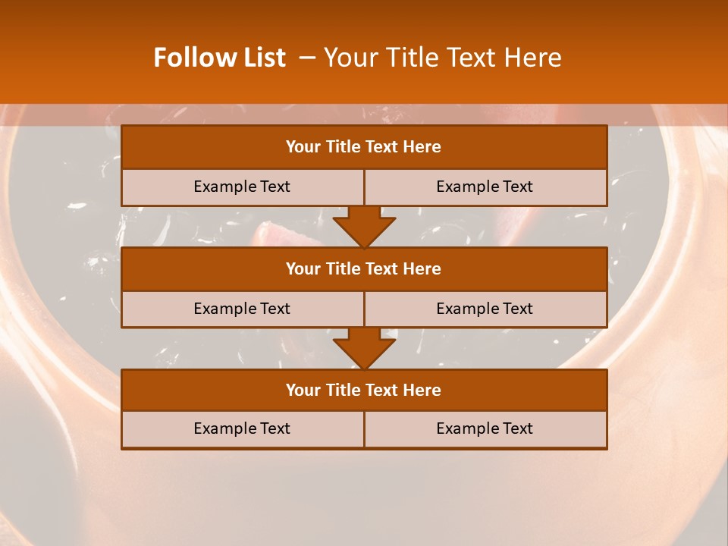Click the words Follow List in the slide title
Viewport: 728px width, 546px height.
pos(220,58)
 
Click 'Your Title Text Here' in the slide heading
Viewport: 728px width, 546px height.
pos(443,58)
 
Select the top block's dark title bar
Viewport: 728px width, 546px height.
pos(364,147)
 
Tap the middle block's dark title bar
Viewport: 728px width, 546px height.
pos(364,268)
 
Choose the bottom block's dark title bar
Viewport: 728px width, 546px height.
pos(364,390)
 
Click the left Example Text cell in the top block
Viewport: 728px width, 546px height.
pos(242,187)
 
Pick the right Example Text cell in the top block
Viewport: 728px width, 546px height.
pos(485,187)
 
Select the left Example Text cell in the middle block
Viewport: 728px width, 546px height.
pos(242,309)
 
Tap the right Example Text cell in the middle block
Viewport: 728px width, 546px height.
pos(485,309)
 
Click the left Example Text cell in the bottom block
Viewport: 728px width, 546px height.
pos(242,428)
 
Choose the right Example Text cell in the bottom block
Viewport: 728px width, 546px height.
pos(485,428)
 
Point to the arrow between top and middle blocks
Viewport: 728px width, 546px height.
pos(364,227)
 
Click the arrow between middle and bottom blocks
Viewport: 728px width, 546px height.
pos(364,349)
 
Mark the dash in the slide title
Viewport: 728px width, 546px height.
pos(307,58)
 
